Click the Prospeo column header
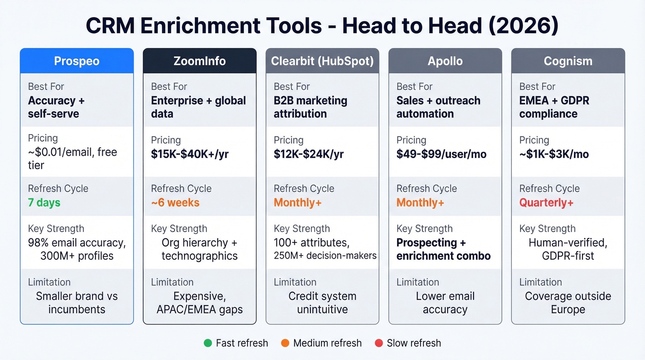pyautogui.click(x=76, y=61)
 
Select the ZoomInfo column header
pyautogui.click(x=199, y=61)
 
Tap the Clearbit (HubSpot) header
pyautogui.click(x=322, y=61)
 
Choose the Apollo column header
pyautogui.click(x=445, y=61)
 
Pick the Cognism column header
pyautogui.click(x=568, y=61)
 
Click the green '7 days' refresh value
pyautogui.click(x=44, y=202)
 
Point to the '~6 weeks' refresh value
pyautogui.click(x=175, y=202)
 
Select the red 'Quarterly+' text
pyautogui.click(x=546, y=202)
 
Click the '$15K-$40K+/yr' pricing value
pyautogui.click(x=189, y=154)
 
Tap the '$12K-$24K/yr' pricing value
pyautogui.click(x=309, y=154)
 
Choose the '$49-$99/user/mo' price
pyautogui.click(x=441, y=154)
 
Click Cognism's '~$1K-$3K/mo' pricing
pyautogui.click(x=554, y=154)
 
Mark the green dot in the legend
pyautogui.click(x=208, y=343)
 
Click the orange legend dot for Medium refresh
pyautogui.click(x=285, y=343)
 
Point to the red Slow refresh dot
pyautogui.click(x=379, y=343)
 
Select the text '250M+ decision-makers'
pyautogui.click(x=325, y=256)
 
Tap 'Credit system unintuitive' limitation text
pyautogui.click(x=322, y=302)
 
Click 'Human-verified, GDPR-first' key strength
pyautogui.click(x=568, y=249)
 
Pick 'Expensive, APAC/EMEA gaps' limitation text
pyautogui.click(x=199, y=302)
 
